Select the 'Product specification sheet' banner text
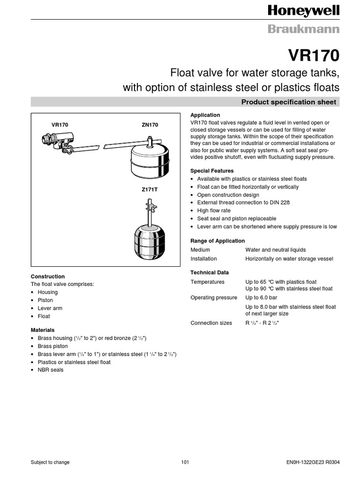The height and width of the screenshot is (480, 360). [288, 102]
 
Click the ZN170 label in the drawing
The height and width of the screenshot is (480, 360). [150, 125]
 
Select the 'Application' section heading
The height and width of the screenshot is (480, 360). [205, 115]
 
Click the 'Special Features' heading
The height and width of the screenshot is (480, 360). [212, 171]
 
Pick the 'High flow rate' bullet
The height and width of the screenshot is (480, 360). [214, 211]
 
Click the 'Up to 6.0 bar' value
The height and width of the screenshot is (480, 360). [261, 298]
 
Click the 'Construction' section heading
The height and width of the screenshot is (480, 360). [48, 277]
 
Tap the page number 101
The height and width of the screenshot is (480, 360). [185, 462]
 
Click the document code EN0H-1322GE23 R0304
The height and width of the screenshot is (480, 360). [313, 462]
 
